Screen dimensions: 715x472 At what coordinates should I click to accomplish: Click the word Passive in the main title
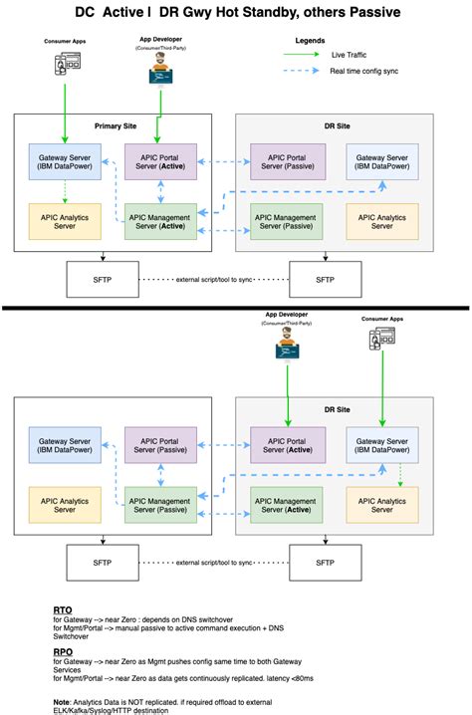pos(368,13)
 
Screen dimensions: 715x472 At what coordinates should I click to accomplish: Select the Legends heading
pos(310,41)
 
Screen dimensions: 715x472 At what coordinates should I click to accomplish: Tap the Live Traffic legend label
pos(348,56)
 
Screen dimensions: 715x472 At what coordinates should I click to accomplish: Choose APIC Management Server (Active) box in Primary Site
pos(159,221)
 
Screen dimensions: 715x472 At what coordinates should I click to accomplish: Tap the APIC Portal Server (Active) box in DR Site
pos(286,444)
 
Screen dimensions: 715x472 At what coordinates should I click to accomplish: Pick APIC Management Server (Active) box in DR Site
pos(286,505)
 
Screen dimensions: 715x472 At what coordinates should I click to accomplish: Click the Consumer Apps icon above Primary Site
pos(65,64)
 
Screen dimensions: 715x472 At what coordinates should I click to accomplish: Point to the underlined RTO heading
pos(62,608)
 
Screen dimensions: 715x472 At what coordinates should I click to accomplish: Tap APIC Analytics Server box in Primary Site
pos(64,221)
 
